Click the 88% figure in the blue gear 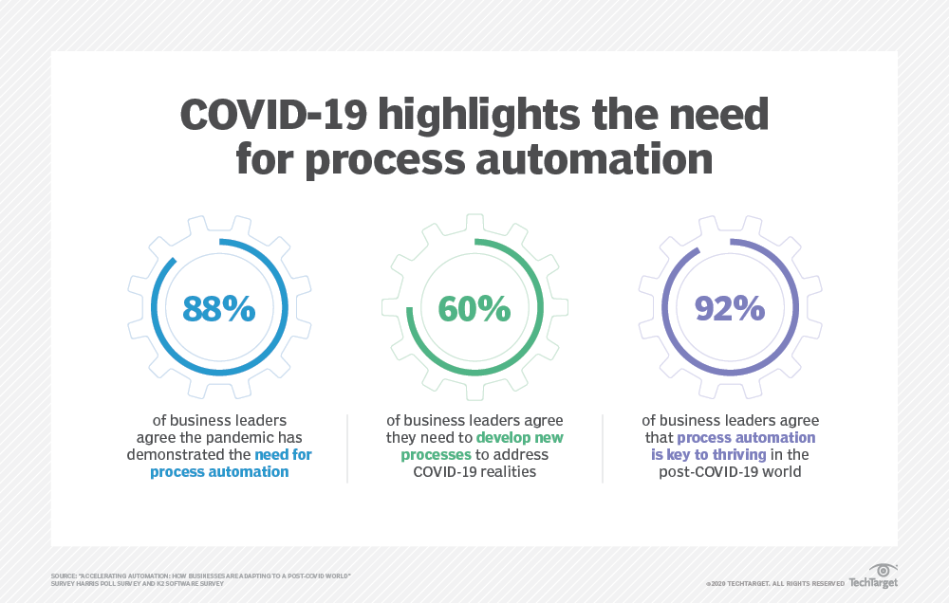coord(219,308)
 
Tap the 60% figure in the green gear coord(474,308)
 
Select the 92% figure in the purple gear coord(730,308)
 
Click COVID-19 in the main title coord(273,115)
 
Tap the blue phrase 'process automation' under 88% coord(219,472)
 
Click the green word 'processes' coord(436,455)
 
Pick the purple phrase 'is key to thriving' coord(709,455)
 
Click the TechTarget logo coord(873,583)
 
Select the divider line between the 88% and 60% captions coord(347,448)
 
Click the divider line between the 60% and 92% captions coord(603,448)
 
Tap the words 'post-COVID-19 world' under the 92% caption coord(730,472)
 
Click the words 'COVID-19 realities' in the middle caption coord(474,472)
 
